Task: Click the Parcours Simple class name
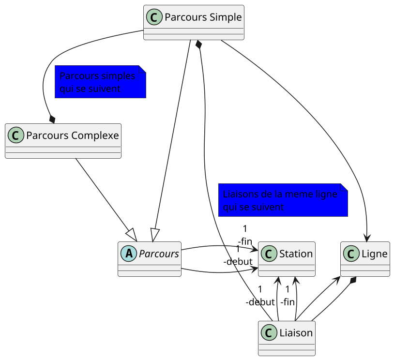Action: [203, 17]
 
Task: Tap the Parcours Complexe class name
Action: [72, 135]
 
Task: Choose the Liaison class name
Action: [296, 333]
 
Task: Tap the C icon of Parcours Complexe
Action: [16, 135]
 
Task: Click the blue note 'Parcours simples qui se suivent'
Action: [100, 82]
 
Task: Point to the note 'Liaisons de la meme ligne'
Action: [283, 200]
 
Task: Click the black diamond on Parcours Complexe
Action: [52, 119]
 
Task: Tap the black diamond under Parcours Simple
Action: [198, 45]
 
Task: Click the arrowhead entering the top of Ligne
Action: [367, 237]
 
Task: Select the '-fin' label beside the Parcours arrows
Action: [245, 241]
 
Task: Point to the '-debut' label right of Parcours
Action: [238, 262]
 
